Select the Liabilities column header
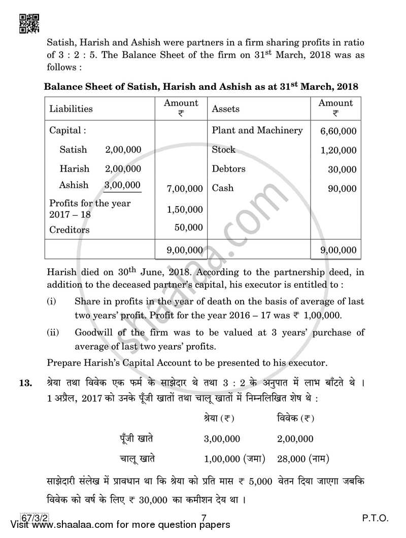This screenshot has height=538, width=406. [x=71, y=109]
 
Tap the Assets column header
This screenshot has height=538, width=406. [x=225, y=109]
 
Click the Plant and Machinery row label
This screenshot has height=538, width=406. [x=257, y=130]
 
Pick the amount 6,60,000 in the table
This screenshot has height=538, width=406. [x=338, y=131]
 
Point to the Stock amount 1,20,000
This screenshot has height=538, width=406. [x=338, y=151]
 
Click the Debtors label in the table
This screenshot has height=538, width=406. [x=228, y=169]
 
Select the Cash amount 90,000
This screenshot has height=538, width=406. [x=343, y=189]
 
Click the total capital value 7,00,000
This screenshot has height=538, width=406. [x=185, y=189]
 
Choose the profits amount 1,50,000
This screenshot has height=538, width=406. [x=185, y=210]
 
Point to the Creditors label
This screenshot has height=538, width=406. [x=69, y=230]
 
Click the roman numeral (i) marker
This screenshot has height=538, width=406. [x=52, y=302]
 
